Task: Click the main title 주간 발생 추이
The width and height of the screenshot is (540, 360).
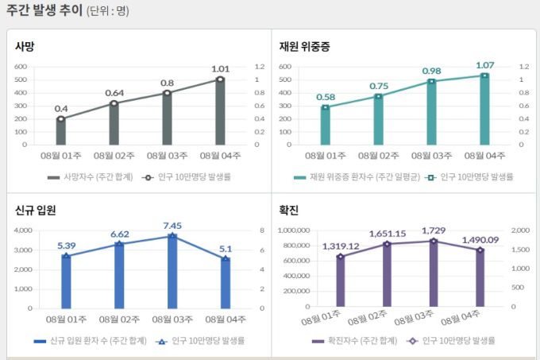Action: point(43,10)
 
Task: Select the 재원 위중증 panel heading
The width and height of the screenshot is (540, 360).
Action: point(304,46)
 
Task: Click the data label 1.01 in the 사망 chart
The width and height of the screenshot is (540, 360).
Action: point(220,69)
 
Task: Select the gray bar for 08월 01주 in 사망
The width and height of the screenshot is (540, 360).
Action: point(61,131)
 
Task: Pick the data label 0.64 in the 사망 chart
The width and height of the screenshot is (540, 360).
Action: point(114,93)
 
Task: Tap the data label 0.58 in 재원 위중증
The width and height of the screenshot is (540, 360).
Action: point(326,97)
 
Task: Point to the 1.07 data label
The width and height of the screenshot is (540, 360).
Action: point(484,65)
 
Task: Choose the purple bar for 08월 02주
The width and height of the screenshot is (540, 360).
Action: point(387,275)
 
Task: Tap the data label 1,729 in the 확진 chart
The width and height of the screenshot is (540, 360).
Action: point(433,230)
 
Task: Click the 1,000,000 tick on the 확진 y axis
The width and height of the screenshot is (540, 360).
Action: point(295,230)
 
